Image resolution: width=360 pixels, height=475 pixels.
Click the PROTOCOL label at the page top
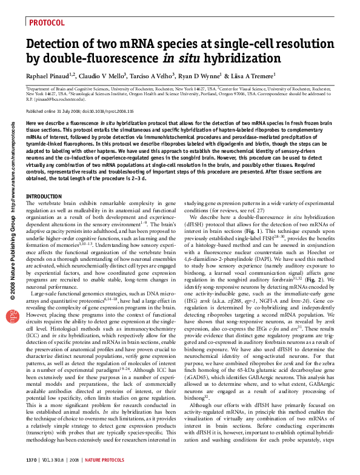point(47,22)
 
